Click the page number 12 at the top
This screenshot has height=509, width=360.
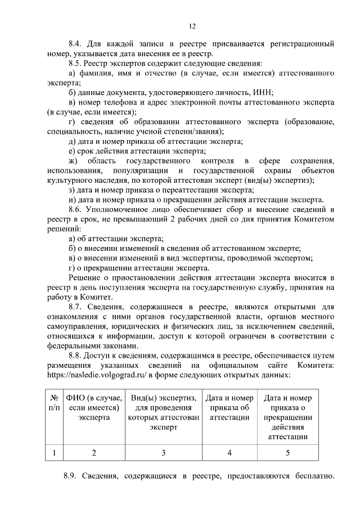click(x=192, y=26)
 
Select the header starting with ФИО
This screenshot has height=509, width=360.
click(x=93, y=408)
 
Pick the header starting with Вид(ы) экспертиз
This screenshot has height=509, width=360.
click(x=164, y=412)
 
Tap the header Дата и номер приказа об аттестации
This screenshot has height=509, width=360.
click(x=229, y=408)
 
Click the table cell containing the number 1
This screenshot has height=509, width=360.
click(x=54, y=452)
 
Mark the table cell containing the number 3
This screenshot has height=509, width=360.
click(x=164, y=452)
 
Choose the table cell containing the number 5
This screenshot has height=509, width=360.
click(x=287, y=452)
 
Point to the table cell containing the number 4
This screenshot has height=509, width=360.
click(x=229, y=452)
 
